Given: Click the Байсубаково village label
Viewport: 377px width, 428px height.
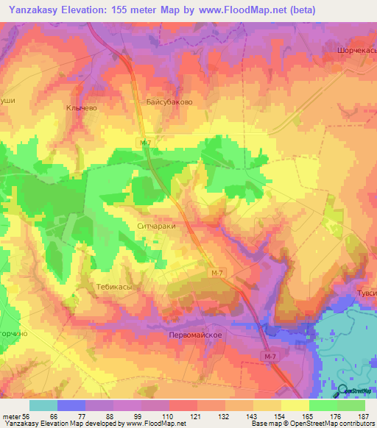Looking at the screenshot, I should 169,102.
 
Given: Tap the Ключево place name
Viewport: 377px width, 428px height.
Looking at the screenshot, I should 81,107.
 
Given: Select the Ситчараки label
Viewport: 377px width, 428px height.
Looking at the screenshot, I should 157,227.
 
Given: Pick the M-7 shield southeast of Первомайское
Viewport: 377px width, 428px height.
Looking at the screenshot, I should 271,356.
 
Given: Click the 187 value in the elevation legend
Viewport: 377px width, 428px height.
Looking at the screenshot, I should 362,415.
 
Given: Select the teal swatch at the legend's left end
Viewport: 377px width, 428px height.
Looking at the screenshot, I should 43,405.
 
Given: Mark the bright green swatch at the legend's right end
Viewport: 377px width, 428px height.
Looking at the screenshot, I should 351,405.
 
